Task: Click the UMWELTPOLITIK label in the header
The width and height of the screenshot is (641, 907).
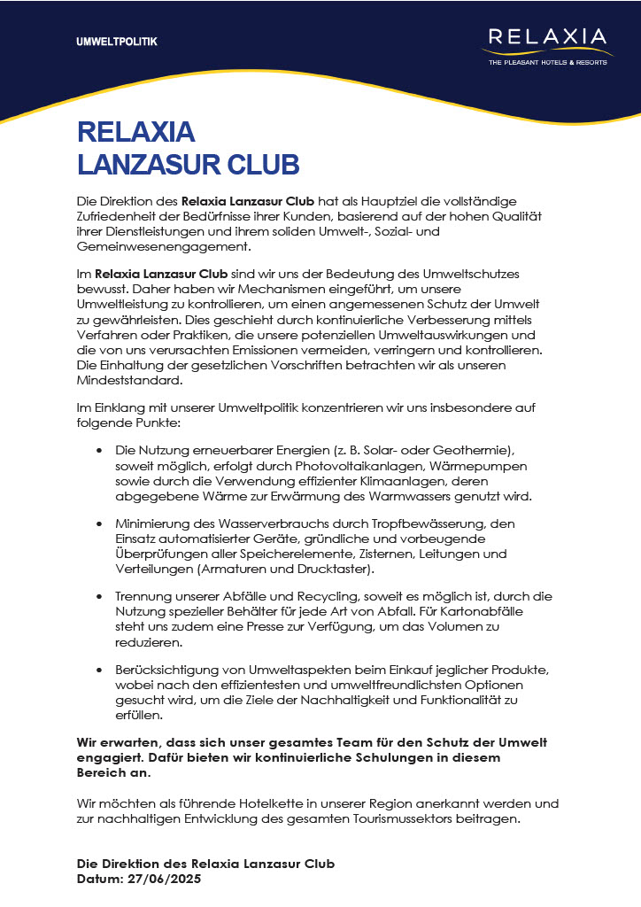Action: pos(117,42)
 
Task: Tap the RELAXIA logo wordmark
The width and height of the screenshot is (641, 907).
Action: pos(548,38)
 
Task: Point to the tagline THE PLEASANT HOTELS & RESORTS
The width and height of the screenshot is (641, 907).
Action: pos(549,62)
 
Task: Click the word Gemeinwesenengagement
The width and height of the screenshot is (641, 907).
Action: pos(164,247)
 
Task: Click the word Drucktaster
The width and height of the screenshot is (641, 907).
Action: pos(336,569)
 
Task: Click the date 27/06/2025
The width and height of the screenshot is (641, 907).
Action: pos(166,879)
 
